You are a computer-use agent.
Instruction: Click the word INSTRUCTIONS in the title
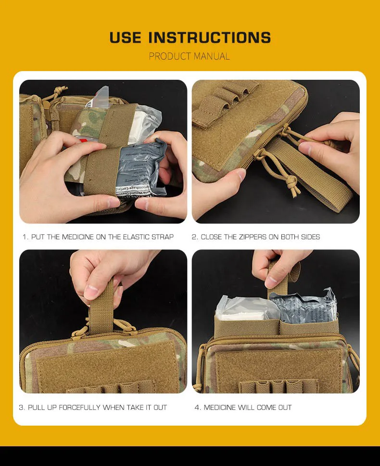click(210, 37)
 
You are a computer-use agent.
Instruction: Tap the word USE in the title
click(125, 37)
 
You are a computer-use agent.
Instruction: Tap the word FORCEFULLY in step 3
click(79, 407)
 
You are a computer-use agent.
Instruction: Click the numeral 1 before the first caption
click(25, 237)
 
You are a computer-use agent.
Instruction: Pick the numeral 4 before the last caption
click(197, 407)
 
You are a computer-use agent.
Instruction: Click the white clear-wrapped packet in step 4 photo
click(247, 307)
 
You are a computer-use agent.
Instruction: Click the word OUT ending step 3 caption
click(160, 407)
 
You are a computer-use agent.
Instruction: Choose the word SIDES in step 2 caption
click(310, 237)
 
